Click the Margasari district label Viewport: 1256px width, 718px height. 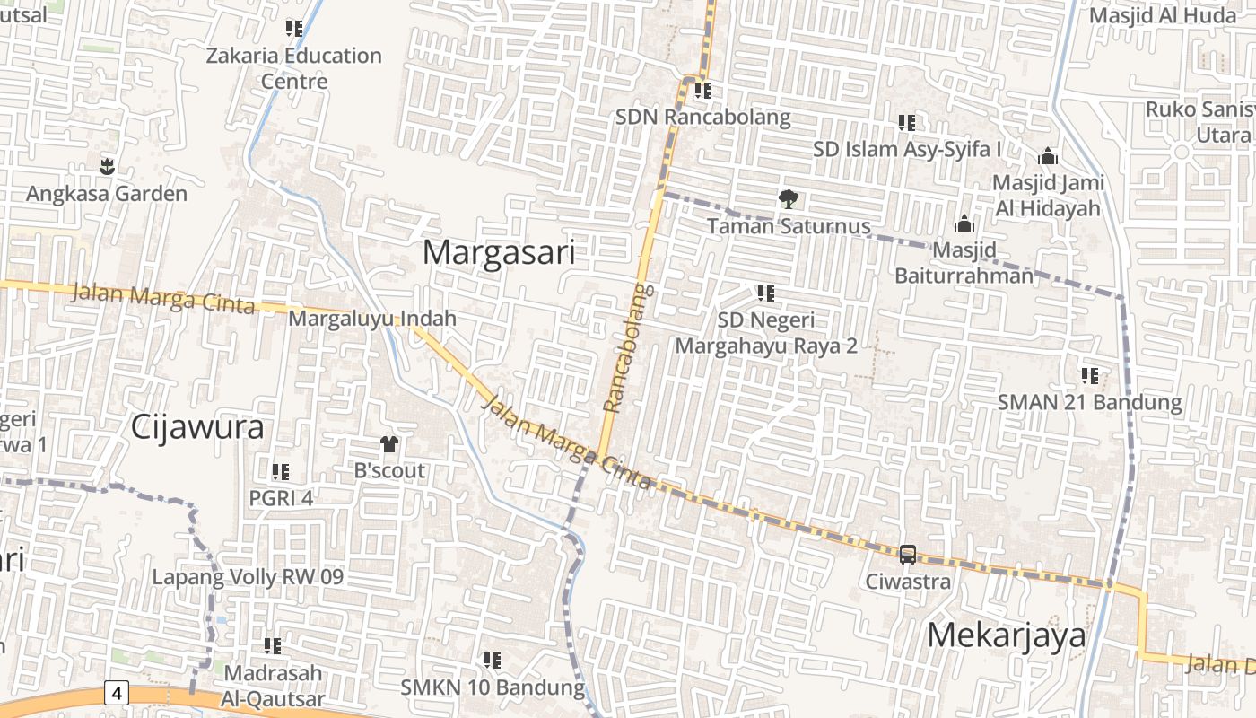[498, 252]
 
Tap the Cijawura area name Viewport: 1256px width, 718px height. [197, 427]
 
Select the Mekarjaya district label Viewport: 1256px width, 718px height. [1006, 635]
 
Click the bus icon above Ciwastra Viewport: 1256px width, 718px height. [907, 554]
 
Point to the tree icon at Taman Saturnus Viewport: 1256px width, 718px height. [788, 198]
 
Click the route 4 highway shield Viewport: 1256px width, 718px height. [117, 692]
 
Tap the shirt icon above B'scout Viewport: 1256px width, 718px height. [389, 443]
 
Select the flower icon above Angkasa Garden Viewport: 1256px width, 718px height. [107, 166]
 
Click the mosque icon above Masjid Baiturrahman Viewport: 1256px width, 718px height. [964, 223]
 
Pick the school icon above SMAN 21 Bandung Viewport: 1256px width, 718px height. [1090, 375]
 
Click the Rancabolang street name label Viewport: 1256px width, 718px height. [626, 348]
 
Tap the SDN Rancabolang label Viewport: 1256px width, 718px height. [702, 117]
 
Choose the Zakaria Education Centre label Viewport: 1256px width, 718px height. [293, 68]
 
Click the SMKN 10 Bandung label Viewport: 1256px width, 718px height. [493, 688]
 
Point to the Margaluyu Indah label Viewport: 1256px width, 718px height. [372, 318]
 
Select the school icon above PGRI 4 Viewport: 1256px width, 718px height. [280, 471]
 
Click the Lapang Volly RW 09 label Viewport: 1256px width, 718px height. [248, 576]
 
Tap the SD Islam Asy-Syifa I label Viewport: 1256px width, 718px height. [907, 149]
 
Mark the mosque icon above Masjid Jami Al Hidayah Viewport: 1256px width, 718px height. [1047, 157]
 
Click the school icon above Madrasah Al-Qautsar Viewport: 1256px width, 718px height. [273, 645]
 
